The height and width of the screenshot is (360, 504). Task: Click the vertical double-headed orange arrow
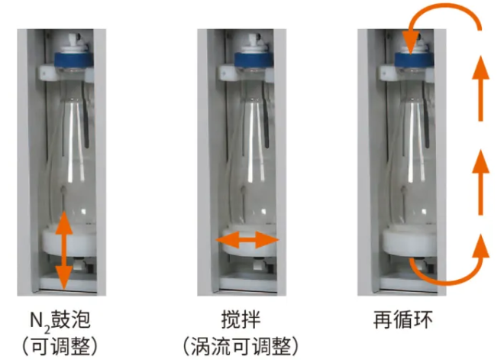64,250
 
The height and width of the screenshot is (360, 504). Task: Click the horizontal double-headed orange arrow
247,240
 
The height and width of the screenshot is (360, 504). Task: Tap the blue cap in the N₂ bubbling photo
73,60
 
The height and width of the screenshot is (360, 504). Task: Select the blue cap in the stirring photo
254,60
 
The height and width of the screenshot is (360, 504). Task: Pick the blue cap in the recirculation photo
414,60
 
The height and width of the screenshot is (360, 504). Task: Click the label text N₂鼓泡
60,319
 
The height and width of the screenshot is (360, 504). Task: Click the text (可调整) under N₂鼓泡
60,346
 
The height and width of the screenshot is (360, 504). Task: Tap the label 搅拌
241,319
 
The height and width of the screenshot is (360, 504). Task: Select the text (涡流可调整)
241,346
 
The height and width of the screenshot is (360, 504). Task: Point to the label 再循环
402,319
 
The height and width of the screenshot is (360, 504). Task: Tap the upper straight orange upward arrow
480,89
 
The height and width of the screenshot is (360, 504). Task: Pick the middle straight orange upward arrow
480,183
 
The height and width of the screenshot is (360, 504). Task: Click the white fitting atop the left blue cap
74,46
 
